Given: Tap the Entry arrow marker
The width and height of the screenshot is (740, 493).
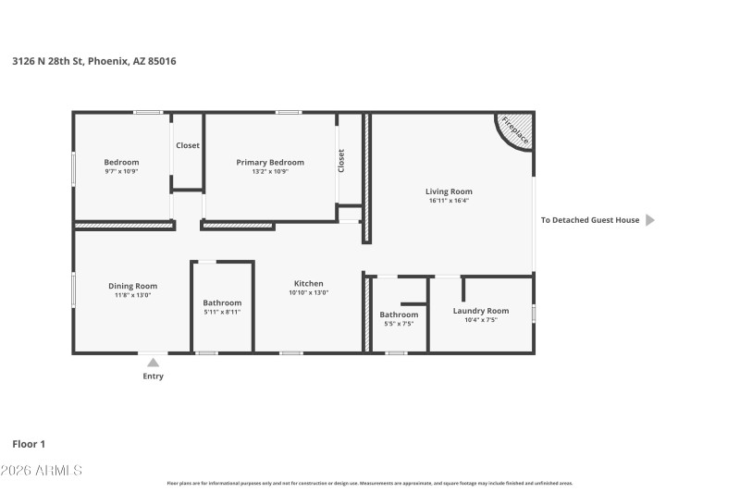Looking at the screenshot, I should [153, 363].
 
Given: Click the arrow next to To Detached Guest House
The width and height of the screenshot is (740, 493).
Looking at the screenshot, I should [649, 220].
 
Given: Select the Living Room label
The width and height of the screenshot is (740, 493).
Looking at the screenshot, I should [449, 191].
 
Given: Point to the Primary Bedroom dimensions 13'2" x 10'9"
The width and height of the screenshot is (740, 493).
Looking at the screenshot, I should [269, 172].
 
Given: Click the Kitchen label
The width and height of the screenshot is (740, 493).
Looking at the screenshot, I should [308, 283].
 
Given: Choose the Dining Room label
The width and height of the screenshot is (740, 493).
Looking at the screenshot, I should [133, 286].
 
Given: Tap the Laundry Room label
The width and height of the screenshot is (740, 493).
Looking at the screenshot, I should [480, 311].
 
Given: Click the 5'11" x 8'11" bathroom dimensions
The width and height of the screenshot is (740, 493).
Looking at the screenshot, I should [222, 313].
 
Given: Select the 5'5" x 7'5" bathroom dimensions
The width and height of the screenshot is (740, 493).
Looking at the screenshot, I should [399, 324].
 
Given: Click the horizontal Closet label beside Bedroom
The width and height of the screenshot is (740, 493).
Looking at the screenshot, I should [188, 145].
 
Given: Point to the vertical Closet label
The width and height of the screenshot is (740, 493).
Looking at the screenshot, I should [341, 161].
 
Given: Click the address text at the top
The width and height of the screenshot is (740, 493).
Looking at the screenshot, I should [94, 61].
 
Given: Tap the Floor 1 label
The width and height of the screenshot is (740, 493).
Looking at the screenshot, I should [29, 444].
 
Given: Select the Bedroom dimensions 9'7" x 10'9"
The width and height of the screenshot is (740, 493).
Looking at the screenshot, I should [121, 172].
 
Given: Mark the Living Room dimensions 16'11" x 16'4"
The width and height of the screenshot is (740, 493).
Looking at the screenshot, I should [449, 201].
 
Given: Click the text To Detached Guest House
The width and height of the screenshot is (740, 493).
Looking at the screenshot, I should [590, 220].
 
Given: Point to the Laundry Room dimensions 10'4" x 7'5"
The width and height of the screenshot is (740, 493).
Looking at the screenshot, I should [480, 320].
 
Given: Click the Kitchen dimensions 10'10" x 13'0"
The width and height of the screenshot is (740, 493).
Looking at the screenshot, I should [308, 293].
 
